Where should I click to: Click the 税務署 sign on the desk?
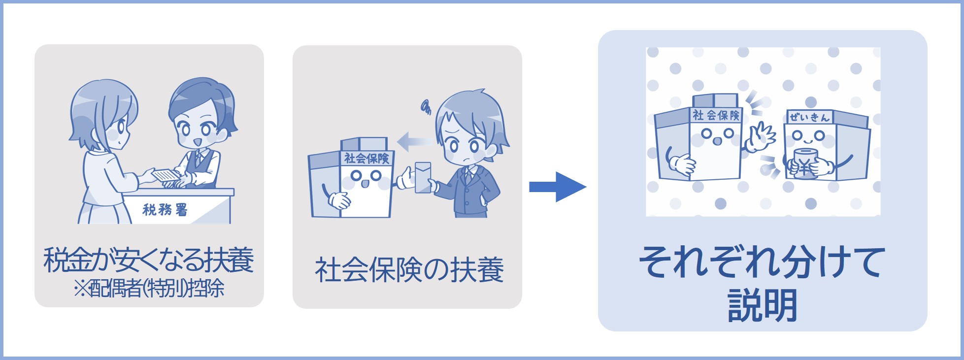(165, 210)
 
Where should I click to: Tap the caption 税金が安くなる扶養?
(149, 261)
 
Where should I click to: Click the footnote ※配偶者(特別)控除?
(149, 289)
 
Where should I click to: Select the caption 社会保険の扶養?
(408, 270)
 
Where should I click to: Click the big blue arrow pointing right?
(557, 187)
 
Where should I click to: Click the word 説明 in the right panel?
(762, 305)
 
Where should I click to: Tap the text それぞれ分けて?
(762, 262)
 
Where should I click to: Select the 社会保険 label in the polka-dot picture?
(716, 115)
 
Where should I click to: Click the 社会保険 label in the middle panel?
(366, 159)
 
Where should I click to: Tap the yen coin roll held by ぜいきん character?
(804, 163)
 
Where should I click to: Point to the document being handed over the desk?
(165, 176)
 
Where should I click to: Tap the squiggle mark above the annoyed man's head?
(426, 106)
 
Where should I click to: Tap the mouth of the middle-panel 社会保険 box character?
(365, 183)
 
